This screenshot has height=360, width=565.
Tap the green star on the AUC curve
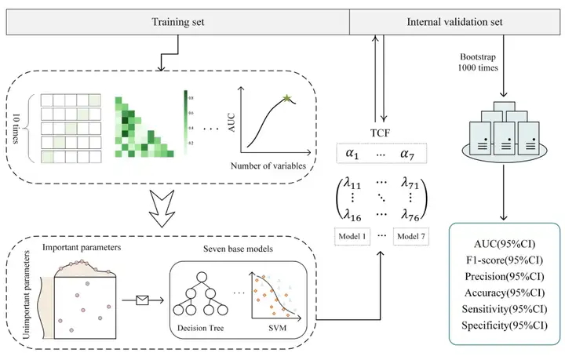click(287, 100)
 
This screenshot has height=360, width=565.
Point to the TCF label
click(380, 132)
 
